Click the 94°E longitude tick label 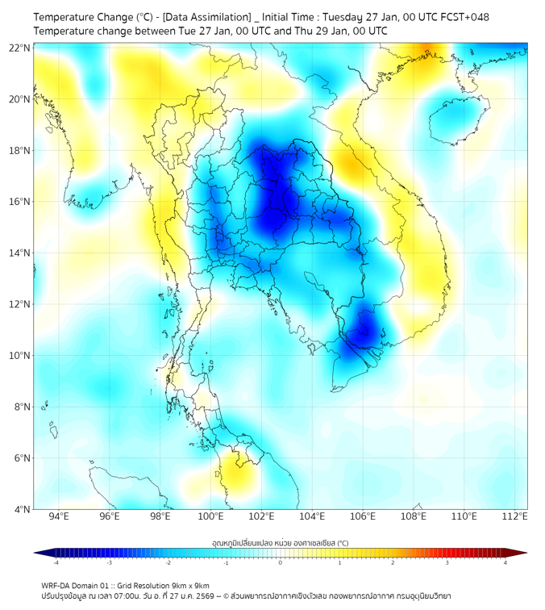pos(59,516)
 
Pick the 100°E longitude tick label pos(211,516)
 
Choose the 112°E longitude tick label pos(515,516)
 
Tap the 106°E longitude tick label pos(363,516)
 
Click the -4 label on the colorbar pos(55,562)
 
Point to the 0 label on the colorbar pos(281,562)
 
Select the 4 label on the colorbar pos(505,562)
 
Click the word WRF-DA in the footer pos(56,585)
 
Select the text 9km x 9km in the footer pos(190,585)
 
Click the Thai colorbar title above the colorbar pos(280,542)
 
